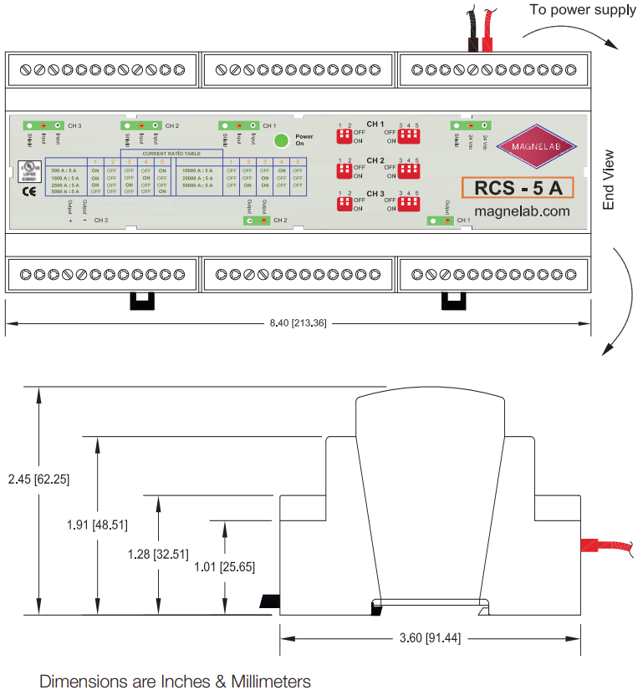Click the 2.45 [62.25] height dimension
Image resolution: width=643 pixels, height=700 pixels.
[x=38, y=479]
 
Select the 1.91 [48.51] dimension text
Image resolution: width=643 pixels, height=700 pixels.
[x=97, y=525]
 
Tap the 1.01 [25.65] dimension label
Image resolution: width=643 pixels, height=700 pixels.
[x=225, y=566]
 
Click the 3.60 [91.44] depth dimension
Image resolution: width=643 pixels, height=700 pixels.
[x=429, y=638]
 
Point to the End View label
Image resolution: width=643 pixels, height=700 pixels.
[x=608, y=180]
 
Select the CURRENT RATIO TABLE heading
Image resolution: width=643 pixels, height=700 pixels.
[x=171, y=154]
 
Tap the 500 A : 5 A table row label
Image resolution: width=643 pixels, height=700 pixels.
[x=64, y=170]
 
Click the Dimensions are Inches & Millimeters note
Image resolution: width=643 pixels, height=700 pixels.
[x=175, y=682]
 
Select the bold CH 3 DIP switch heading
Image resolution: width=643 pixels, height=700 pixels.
[x=375, y=194]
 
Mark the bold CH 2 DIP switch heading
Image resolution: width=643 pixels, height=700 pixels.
[x=375, y=160]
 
